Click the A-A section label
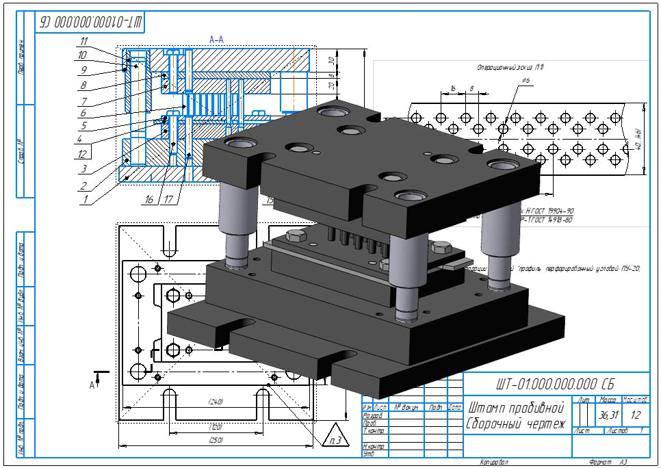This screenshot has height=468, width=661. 216,40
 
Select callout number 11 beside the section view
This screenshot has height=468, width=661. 83,40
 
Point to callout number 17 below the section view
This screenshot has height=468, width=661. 169,200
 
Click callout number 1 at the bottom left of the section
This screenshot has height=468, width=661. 85,200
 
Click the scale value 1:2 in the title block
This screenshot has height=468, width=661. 636,415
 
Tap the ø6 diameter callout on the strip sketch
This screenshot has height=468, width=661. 526,81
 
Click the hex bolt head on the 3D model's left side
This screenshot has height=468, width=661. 296,237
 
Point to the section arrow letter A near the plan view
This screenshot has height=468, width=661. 92,385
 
